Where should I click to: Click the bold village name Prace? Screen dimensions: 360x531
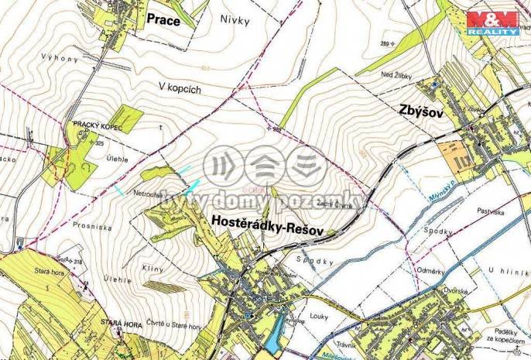click(x=163, y=21)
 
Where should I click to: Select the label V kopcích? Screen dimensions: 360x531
click(x=180, y=89)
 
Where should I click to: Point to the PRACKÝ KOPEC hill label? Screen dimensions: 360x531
click(x=95, y=124)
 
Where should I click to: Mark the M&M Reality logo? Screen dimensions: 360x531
click(x=492, y=23)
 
